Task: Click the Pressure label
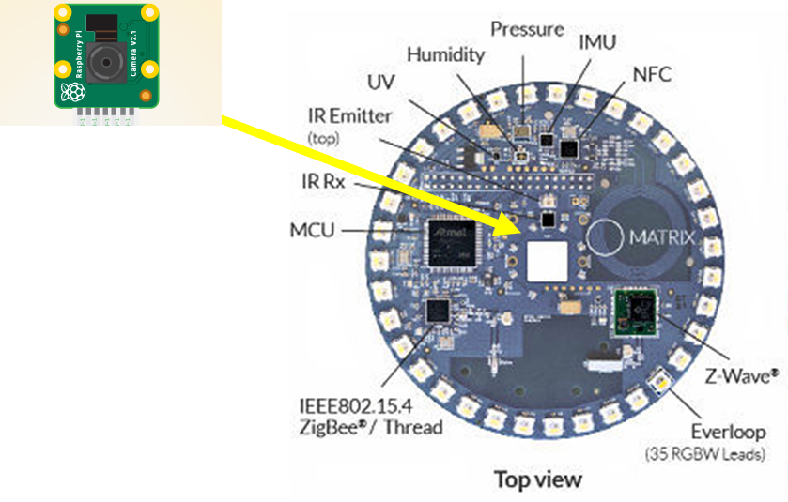(527, 29)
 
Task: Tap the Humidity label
(446, 54)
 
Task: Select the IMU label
(597, 41)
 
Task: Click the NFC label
(652, 73)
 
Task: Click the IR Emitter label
(349, 117)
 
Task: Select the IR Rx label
(321, 182)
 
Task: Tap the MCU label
(313, 229)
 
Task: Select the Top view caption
(537, 479)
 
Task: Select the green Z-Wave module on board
(636, 312)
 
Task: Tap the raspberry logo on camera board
(72, 92)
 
